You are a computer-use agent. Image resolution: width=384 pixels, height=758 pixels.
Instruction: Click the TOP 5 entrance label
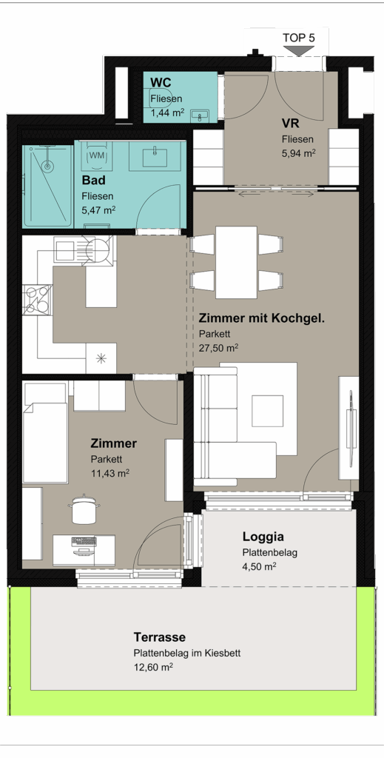tap(298, 38)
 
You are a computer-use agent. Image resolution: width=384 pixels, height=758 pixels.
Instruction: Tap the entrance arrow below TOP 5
tap(298, 51)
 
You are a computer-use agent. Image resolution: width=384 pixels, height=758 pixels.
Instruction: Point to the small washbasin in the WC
tap(200, 115)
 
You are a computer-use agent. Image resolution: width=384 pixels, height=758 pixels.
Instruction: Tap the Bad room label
tap(93, 181)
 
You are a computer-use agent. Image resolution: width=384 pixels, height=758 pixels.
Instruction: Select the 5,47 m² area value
tap(98, 210)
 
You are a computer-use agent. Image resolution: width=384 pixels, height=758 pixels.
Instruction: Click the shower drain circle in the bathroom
tap(47, 167)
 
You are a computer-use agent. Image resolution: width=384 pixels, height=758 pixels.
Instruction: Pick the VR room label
tap(290, 123)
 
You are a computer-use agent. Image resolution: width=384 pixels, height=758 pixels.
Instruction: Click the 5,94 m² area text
tap(299, 153)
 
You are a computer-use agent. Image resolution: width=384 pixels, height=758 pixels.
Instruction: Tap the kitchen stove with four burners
tap(37, 300)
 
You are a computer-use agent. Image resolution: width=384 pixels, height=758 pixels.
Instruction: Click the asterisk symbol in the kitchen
tap(101, 358)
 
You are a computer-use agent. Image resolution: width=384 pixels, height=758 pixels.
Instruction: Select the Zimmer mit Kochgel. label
tap(261, 318)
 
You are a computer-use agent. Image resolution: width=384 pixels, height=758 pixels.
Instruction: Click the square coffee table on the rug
tap(268, 411)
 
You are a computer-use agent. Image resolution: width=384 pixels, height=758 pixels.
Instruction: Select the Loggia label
tap(263, 536)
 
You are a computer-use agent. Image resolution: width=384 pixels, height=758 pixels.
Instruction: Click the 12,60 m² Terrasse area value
tap(154, 668)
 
